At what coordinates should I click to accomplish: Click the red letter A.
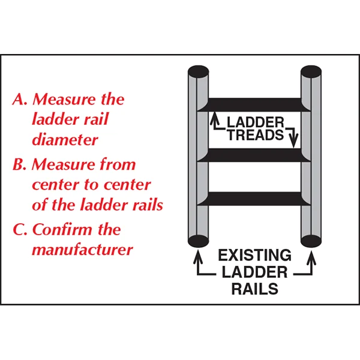[x=19, y=99]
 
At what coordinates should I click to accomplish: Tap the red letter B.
[x=19, y=164]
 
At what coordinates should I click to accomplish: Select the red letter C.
[x=19, y=230]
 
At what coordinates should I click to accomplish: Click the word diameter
[x=65, y=140]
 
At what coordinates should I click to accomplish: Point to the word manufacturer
[x=82, y=248]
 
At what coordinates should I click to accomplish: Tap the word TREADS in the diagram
[x=255, y=134]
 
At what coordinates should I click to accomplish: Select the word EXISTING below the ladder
[x=255, y=255]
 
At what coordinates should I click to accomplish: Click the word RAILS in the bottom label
[x=255, y=289]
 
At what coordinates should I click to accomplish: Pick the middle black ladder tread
[x=255, y=155]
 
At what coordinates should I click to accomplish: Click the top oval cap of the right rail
[x=312, y=71]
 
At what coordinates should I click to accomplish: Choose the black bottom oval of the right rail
[x=312, y=242]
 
